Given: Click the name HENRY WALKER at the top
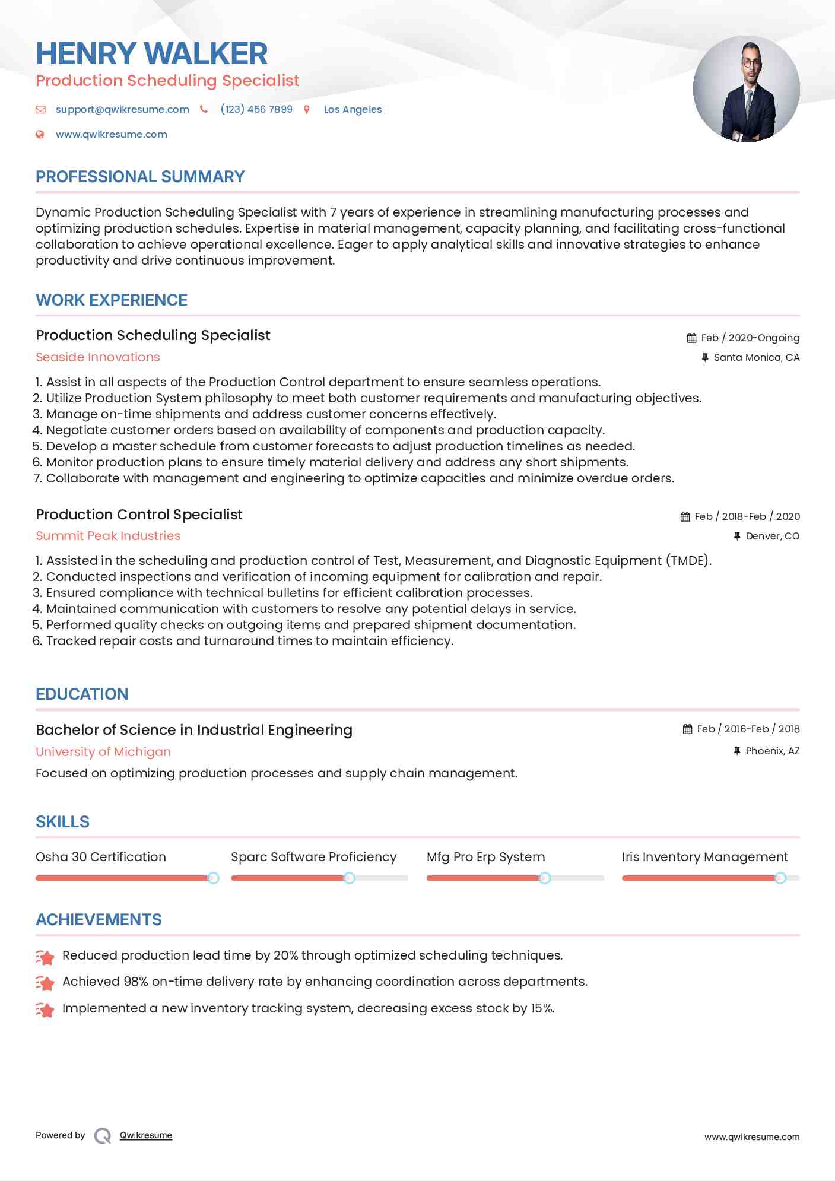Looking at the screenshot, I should click(151, 53).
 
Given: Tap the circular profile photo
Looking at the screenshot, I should click(746, 89).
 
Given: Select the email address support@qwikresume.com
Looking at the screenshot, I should click(122, 109).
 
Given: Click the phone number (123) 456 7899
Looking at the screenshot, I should click(256, 109).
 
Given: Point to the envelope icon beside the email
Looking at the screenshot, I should click(40, 109).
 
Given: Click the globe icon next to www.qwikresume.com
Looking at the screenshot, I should click(40, 134).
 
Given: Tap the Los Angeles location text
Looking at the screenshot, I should click(353, 109).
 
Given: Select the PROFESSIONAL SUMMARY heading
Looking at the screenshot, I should click(140, 177).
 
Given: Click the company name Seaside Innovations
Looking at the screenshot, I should click(98, 357).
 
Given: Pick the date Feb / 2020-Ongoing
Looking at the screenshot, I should click(750, 338).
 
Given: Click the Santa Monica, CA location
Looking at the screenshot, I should click(756, 357).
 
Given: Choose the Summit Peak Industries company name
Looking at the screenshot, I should click(108, 536).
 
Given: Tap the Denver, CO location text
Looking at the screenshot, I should click(772, 536).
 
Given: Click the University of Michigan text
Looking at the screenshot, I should click(103, 752).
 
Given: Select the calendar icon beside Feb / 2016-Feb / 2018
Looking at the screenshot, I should click(687, 729).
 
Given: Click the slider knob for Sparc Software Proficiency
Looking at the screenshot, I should click(350, 878).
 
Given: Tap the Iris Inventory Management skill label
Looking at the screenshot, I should click(704, 857).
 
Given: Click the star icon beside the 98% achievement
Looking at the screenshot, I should click(45, 983).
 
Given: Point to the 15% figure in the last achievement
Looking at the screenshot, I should click(542, 1008).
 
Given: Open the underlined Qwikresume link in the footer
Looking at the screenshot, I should click(146, 1135).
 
